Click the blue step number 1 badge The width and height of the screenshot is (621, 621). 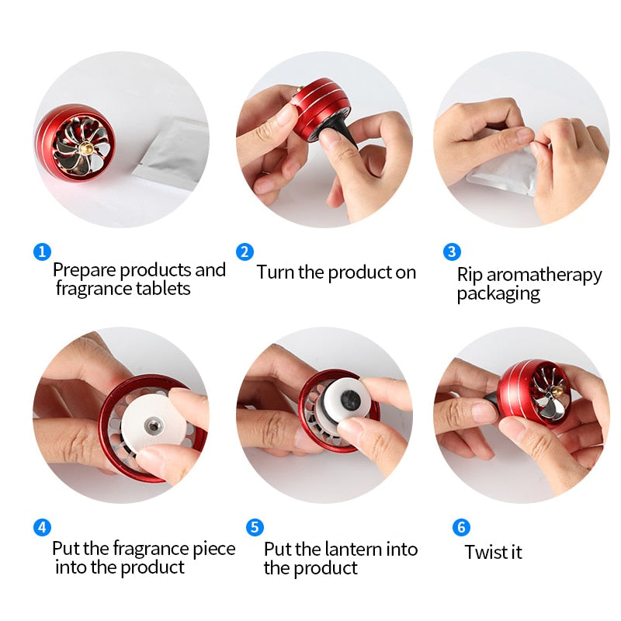pos(42,252)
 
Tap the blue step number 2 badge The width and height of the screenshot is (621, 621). pos(245,252)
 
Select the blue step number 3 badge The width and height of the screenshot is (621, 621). pos(452,252)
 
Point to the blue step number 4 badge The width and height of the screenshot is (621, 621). pos(42,528)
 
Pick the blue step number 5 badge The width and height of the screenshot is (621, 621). pos(255,528)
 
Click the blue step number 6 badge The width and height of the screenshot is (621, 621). pos(461,528)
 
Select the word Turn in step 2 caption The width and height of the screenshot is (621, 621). pos(275,272)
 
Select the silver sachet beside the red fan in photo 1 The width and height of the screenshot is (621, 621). pos(175,151)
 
